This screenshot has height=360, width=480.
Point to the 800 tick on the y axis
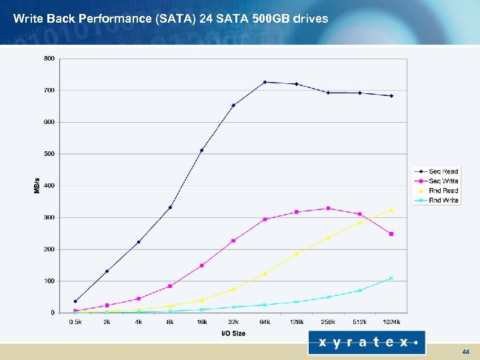point(49,59)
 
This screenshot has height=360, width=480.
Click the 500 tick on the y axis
point(49,154)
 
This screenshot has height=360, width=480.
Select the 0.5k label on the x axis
point(75,322)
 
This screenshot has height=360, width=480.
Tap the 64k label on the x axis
point(265,322)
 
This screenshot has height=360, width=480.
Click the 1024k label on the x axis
point(391,322)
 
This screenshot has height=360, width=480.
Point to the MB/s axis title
point(37,185)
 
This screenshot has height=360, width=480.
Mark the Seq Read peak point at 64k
point(265,82)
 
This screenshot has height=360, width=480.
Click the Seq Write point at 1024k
point(391,234)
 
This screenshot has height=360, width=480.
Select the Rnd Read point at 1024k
point(391,210)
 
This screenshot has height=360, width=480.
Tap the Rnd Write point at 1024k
point(391,278)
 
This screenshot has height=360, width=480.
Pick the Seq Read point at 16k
point(201,151)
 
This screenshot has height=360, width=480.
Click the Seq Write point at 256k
point(328,209)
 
